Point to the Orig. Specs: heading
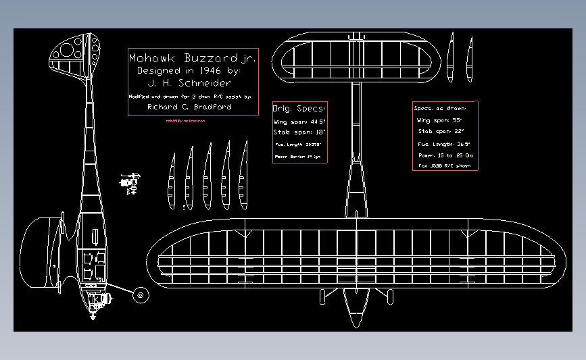pyautogui.click(x=299, y=108)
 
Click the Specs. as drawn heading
pyautogui.click(x=444, y=108)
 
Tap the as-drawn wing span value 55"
pyautogui.click(x=459, y=120)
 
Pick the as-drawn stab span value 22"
pyautogui.click(x=459, y=131)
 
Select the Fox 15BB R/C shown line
pyautogui.click(x=443, y=165)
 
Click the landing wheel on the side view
pyautogui.click(x=141, y=294)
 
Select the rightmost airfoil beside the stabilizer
pyautogui.click(x=469, y=59)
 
